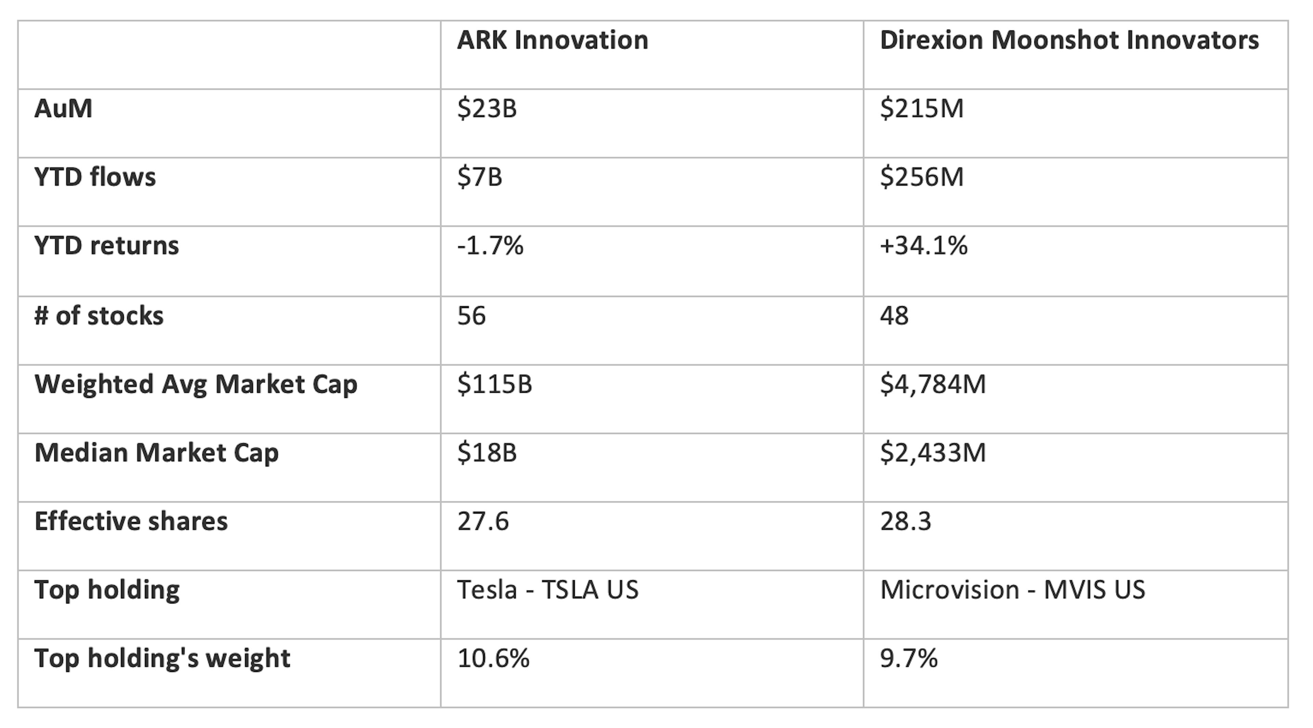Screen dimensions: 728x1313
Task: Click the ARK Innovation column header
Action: pyautogui.click(x=553, y=40)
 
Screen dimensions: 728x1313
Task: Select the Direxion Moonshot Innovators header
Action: pyautogui.click(x=1069, y=40)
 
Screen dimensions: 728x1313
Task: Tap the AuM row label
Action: pyautogui.click(x=63, y=108)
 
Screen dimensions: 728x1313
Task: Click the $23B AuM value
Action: pyautogui.click(x=487, y=108)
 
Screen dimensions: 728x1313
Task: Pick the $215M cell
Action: pyautogui.click(x=921, y=108)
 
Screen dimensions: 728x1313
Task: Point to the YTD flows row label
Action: pyautogui.click(x=95, y=177)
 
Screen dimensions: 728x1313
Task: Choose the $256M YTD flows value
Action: pyautogui.click(x=921, y=177)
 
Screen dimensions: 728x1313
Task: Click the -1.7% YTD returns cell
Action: pyautogui.click(x=490, y=246)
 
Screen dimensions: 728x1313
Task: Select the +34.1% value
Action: pyautogui.click(x=923, y=246)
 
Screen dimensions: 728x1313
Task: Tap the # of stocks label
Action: pyautogui.click(x=99, y=315)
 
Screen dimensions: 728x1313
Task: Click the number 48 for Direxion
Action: pyautogui.click(x=894, y=315)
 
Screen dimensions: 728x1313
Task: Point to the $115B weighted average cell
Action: pyautogui.click(x=494, y=384)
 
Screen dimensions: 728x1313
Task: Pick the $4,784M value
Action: pyautogui.click(x=933, y=384)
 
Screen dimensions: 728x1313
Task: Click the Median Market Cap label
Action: pyautogui.click(x=157, y=453)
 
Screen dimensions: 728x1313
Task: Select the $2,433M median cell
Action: pyautogui.click(x=933, y=453)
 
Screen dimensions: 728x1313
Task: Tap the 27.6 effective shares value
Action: pyautogui.click(x=483, y=521)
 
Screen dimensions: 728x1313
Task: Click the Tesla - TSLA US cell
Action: pyautogui.click(x=547, y=590)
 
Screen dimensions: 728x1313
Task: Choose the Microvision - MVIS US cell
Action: pyautogui.click(x=1012, y=590)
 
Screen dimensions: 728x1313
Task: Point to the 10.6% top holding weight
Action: pyautogui.click(x=493, y=658)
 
